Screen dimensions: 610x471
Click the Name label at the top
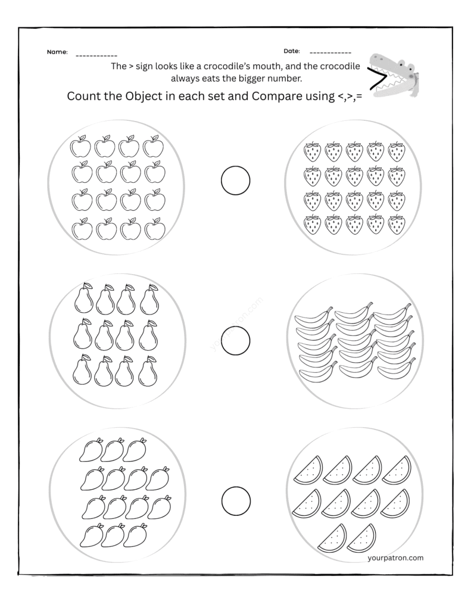point(57,52)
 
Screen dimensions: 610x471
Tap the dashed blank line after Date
point(330,54)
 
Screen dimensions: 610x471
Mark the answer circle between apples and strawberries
point(235,180)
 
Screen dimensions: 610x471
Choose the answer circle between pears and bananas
point(235,340)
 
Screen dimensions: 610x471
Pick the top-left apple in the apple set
point(80,146)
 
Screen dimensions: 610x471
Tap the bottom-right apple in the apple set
point(155,229)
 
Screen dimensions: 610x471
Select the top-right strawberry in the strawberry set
point(395,152)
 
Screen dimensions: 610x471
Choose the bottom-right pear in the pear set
point(148,371)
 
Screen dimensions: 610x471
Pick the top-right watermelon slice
point(396,469)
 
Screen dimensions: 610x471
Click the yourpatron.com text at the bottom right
point(396,558)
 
